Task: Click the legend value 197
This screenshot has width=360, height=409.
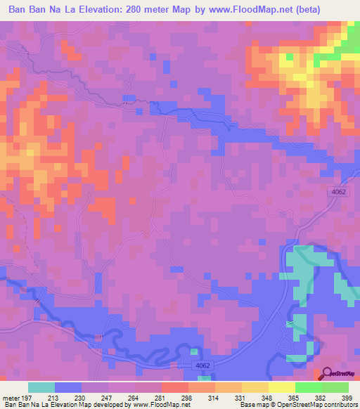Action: pos(25,397)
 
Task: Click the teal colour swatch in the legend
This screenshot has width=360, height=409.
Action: pos(41,387)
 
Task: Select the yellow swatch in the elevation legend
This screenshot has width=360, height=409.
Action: pos(282,387)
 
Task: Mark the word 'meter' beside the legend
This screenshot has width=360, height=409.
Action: pos(11,397)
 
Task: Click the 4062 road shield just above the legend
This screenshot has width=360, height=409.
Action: pos(202,366)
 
